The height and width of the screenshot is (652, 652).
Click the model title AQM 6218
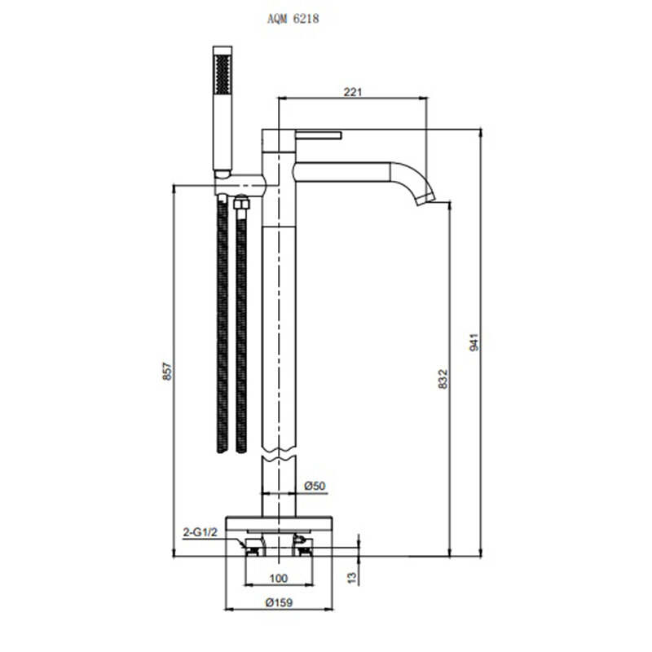(x=293, y=19)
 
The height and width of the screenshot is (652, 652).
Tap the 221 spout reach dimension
(x=353, y=91)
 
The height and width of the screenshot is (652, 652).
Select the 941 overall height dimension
(x=474, y=342)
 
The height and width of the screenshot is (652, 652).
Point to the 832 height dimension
(x=443, y=379)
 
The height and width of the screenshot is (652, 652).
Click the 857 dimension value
(x=167, y=371)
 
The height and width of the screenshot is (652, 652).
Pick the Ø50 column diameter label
(x=315, y=486)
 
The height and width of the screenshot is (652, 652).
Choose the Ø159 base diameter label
(x=279, y=602)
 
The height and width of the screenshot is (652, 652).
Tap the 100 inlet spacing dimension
(x=279, y=578)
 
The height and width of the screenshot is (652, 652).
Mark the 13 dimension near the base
(x=352, y=577)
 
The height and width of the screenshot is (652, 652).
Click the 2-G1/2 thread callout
(x=200, y=532)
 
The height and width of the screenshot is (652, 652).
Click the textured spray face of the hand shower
(x=222, y=74)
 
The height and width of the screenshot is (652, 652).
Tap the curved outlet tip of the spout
(x=425, y=199)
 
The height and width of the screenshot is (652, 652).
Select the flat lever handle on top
(x=319, y=134)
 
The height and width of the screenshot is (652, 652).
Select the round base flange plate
(x=279, y=523)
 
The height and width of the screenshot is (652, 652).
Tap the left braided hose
(x=222, y=327)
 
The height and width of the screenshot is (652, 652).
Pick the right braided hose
(x=241, y=330)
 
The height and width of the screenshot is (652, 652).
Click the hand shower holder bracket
(x=240, y=184)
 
